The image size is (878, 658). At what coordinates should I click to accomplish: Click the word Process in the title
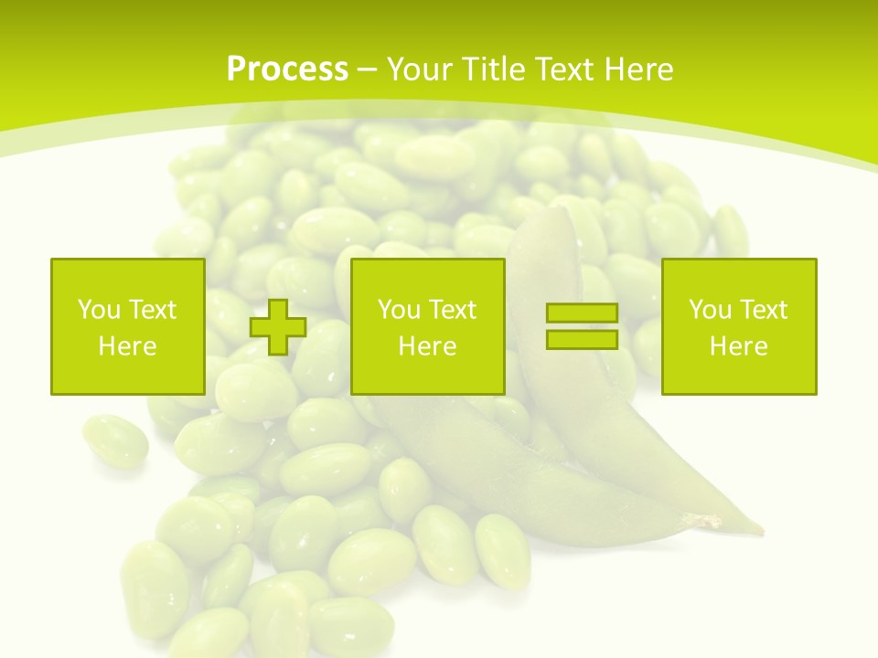tap(287, 69)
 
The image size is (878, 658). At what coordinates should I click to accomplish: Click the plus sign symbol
tap(278, 326)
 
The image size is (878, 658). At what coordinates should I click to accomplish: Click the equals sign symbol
tap(582, 326)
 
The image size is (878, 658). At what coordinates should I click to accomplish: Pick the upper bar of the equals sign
tap(582, 313)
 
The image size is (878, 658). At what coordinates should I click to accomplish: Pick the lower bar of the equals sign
tap(582, 339)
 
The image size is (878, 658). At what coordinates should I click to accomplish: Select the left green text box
tap(127, 326)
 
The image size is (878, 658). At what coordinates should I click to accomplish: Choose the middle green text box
tap(427, 326)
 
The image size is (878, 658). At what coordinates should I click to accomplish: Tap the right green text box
tap(738, 326)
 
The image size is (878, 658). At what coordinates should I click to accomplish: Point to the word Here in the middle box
tap(427, 346)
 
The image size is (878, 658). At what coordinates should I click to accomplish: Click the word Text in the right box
tap(762, 310)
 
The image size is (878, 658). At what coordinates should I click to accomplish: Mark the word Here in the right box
tap(738, 346)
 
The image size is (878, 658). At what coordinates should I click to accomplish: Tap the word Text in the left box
tap(151, 310)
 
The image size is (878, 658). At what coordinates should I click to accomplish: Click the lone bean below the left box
tap(114, 440)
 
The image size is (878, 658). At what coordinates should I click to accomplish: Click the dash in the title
tap(368, 69)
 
